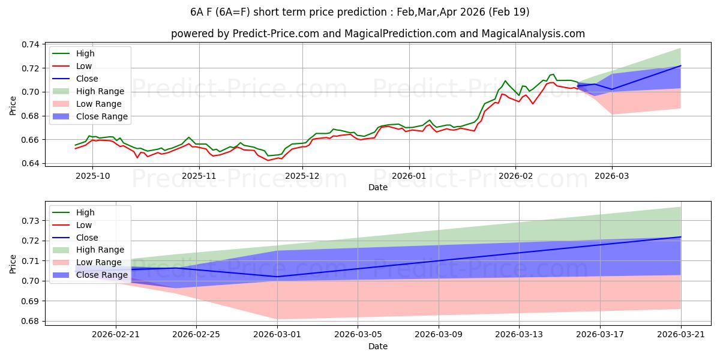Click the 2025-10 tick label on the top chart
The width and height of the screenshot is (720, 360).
pyautogui.click(x=92, y=176)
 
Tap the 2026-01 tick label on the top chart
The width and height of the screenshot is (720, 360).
pyautogui.click(x=409, y=176)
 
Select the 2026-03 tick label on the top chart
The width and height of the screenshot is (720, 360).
pyautogui.click(x=612, y=176)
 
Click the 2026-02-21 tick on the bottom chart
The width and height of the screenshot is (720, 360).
pyautogui.click(x=116, y=335)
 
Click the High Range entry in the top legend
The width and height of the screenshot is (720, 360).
pyautogui.click(x=100, y=91)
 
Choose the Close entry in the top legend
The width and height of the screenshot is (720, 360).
pyautogui.click(x=87, y=79)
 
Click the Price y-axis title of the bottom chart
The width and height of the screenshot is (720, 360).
pyautogui.click(x=13, y=263)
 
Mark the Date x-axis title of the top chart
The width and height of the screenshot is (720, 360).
pyautogui.click(x=378, y=187)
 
